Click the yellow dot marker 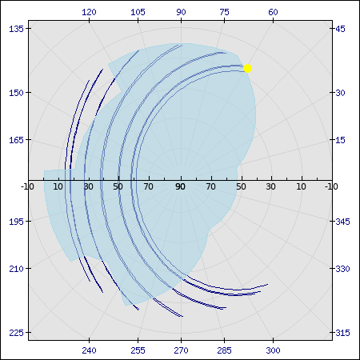click(247, 69)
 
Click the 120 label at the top click(89, 12)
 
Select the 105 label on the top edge click(138, 12)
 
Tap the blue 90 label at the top click(181, 12)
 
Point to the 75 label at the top click(224, 12)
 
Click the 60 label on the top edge click(273, 12)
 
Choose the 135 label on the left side click(17, 29)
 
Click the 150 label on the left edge click(17, 93)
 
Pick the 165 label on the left click(17, 140)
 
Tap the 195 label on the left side click(17, 222)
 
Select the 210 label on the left click(17, 269)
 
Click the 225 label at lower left click(17, 333)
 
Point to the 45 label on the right click(340, 29)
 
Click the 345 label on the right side click(342, 222)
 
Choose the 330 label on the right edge click(342, 269)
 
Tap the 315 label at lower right click(342, 333)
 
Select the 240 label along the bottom click(89, 350)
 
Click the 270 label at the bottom click(181, 350)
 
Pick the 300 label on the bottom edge click(273, 350)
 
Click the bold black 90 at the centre click(181, 186)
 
